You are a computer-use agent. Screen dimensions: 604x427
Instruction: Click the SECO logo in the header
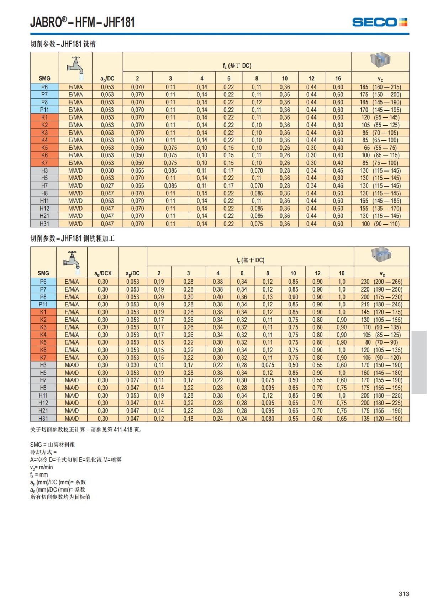(x=379, y=22)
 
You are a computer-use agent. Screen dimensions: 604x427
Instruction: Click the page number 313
(x=404, y=594)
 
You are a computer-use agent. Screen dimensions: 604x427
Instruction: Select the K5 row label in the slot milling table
(x=44, y=148)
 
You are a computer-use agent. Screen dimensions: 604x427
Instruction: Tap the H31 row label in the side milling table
(x=43, y=419)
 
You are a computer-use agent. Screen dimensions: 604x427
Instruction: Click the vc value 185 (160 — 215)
(x=380, y=87)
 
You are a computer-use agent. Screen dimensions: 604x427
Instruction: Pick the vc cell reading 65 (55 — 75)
(x=380, y=148)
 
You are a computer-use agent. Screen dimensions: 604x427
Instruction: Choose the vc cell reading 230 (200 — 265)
(x=381, y=282)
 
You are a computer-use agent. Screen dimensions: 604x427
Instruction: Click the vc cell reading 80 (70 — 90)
(x=381, y=342)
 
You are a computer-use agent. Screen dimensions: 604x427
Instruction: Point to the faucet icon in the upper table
(x=75, y=67)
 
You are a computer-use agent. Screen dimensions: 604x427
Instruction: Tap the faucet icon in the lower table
(x=72, y=261)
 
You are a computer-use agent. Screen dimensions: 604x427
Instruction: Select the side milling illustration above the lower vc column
(x=381, y=255)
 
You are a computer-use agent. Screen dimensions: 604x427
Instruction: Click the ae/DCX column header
(x=103, y=273)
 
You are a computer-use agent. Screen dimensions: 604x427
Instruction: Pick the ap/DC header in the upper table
(x=107, y=79)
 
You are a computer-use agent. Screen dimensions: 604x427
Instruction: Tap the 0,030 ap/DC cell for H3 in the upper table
(x=107, y=170)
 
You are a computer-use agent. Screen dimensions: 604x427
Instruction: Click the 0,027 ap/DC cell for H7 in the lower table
(x=132, y=380)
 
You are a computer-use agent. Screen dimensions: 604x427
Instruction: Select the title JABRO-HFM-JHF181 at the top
(x=83, y=22)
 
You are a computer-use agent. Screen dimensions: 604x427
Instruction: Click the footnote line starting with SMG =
(x=53, y=445)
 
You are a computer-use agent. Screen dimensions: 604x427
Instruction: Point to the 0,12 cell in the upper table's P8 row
(x=256, y=102)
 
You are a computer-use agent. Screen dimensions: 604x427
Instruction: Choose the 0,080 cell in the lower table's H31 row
(x=268, y=419)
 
